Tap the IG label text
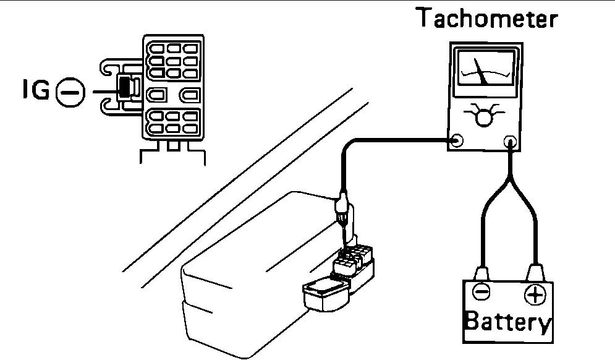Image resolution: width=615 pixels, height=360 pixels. (x=33, y=92)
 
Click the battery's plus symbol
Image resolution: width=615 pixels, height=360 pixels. (x=535, y=295)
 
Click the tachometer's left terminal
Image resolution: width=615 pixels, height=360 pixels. (x=457, y=140)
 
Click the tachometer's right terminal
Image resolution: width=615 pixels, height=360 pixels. (x=511, y=140)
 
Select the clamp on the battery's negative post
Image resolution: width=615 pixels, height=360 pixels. (x=481, y=273)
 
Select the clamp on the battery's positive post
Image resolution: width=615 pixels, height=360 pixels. (x=535, y=273)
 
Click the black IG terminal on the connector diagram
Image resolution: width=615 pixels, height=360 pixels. (x=125, y=87)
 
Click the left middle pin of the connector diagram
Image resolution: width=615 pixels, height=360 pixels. (x=158, y=95)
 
